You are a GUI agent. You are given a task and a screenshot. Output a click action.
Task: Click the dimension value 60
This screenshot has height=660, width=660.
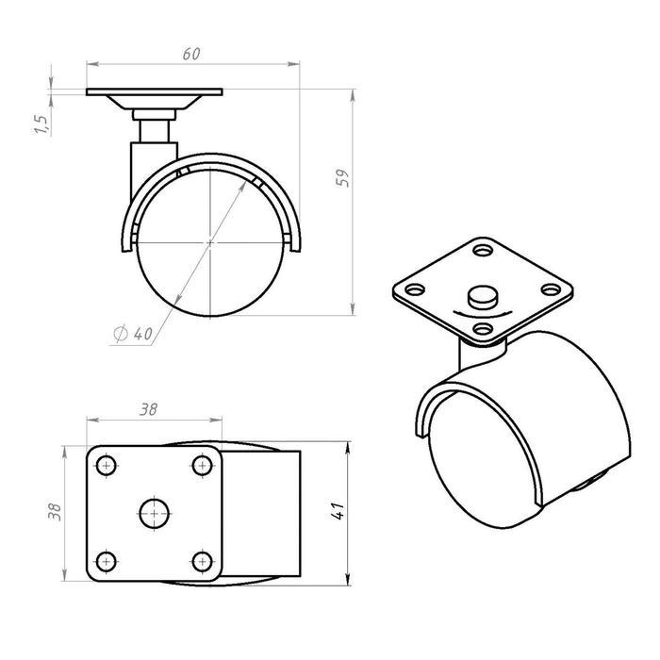[x=191, y=54]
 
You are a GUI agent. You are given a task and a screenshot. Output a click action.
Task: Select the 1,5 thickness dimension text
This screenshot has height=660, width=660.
[x=42, y=124]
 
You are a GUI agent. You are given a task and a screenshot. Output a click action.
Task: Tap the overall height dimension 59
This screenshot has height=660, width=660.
[x=342, y=178]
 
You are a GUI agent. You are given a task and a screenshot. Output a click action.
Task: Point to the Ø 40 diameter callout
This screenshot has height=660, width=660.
[x=133, y=334]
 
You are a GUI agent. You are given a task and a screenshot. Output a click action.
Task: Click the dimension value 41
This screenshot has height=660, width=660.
[x=338, y=511]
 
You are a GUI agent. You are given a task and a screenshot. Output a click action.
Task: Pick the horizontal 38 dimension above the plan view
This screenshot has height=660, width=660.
[x=149, y=408]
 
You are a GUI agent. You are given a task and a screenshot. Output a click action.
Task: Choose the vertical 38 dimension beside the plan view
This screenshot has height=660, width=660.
[x=55, y=512]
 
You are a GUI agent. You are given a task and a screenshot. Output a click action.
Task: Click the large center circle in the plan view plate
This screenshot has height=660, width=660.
[x=154, y=514]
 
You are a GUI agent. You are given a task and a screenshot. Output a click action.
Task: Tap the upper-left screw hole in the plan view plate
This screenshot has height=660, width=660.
[x=106, y=466]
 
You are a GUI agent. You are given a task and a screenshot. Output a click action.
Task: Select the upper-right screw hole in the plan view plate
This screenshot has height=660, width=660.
[x=203, y=466]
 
